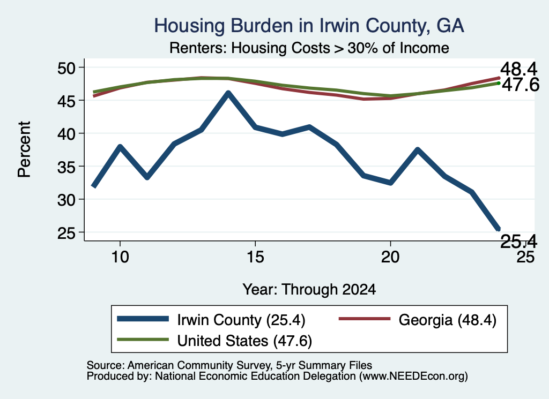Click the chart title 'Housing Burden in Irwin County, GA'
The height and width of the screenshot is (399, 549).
click(x=309, y=26)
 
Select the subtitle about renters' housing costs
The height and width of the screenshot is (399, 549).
click(x=309, y=48)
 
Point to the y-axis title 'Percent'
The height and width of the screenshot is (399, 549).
click(x=24, y=149)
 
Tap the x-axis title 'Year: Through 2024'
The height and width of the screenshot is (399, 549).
click(x=309, y=289)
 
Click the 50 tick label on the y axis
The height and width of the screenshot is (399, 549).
click(x=66, y=68)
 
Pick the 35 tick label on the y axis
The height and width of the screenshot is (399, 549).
click(x=66, y=167)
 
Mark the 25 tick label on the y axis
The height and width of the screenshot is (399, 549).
click(x=66, y=233)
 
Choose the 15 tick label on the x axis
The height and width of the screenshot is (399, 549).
click(x=255, y=257)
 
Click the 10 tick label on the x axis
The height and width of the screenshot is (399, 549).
click(x=120, y=257)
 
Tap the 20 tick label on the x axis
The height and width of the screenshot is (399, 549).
click(x=390, y=257)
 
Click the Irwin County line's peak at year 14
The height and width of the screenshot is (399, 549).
click(x=228, y=93)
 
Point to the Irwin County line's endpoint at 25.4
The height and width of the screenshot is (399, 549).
click(x=498, y=229)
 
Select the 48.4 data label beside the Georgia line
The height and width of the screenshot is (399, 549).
click(x=518, y=69)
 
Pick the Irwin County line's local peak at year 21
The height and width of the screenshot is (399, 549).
click(x=417, y=149)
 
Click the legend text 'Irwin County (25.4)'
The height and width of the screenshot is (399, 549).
click(x=241, y=320)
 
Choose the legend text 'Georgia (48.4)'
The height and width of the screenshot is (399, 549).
click(x=448, y=320)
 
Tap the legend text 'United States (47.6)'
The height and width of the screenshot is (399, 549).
click(x=244, y=341)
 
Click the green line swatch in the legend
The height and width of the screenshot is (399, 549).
click(x=143, y=340)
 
